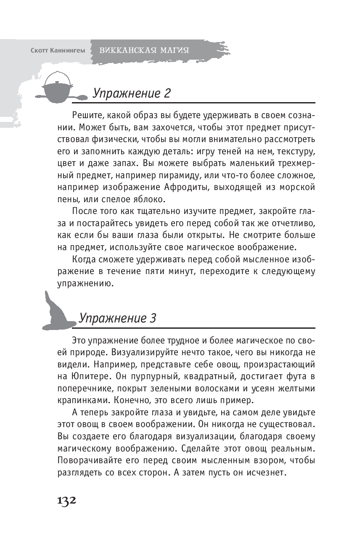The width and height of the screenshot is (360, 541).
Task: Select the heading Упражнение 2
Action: point(131,92)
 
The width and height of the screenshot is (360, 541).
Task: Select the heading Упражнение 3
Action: point(118,318)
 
